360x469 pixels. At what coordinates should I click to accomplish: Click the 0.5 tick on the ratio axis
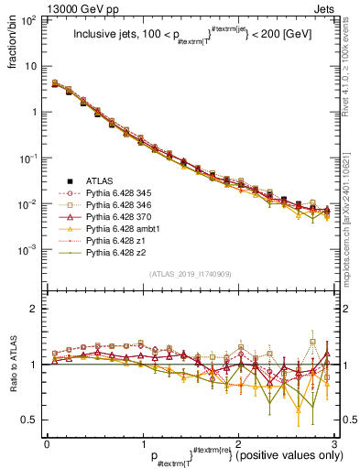click(30, 420)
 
